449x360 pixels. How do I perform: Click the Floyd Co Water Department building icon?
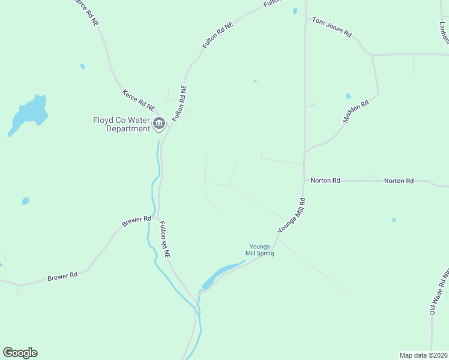(x=158, y=124)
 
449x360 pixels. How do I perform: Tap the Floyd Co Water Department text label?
(x=121, y=124)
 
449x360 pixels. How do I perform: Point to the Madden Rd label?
(x=355, y=112)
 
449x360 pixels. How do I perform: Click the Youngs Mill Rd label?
(x=292, y=215)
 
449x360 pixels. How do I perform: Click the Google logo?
(x=20, y=353)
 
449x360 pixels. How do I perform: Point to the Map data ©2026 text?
(x=423, y=355)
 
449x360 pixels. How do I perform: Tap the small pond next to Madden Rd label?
(x=348, y=96)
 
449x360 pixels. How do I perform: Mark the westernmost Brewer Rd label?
(x=62, y=277)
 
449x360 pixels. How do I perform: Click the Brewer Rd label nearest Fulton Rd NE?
(x=136, y=220)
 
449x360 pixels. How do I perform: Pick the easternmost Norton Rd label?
(x=399, y=181)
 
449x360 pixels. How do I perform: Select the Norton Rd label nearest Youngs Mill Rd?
(x=325, y=180)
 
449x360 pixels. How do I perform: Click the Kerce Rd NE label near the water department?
(x=139, y=100)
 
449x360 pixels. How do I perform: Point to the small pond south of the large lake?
(x=25, y=201)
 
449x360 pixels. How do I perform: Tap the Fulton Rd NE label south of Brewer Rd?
(x=164, y=240)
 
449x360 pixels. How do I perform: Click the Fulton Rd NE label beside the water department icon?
(x=179, y=104)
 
